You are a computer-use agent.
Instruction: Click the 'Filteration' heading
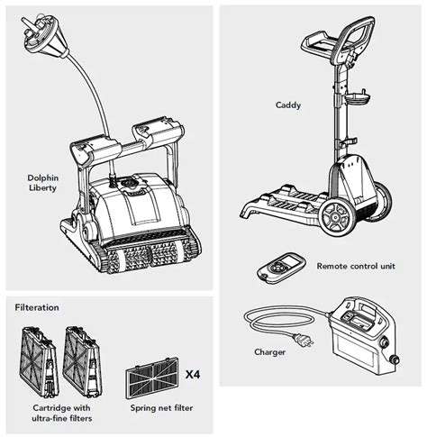(x=37, y=307)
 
